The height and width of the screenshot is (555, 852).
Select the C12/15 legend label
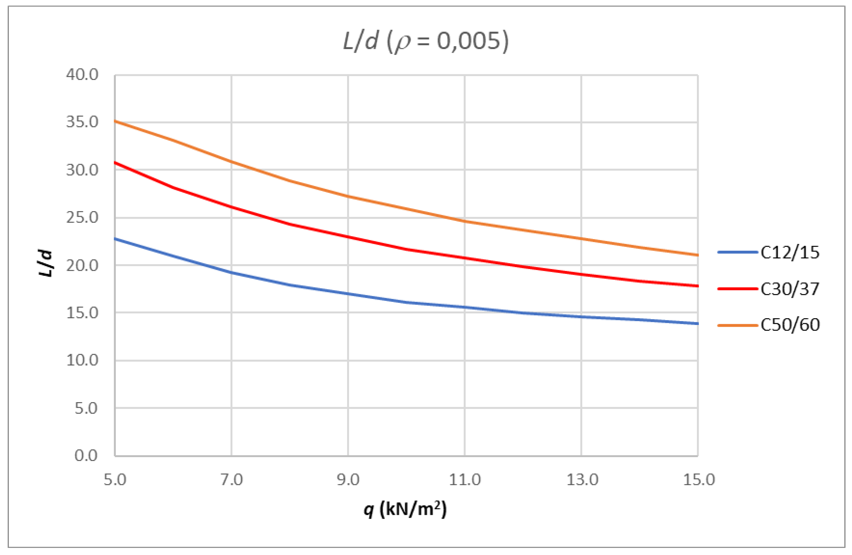[790, 253]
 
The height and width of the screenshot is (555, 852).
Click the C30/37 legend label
[790, 289]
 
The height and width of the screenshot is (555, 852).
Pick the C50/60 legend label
[790, 325]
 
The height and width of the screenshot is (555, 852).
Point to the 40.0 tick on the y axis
[82, 75]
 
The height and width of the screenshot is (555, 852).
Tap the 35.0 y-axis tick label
[82, 122]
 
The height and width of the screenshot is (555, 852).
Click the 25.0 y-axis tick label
[82, 218]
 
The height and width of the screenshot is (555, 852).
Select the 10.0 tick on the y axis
[82, 360]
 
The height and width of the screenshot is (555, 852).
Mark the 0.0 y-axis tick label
[86, 455]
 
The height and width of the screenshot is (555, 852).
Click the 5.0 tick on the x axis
[115, 479]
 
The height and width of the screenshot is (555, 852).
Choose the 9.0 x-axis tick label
[348, 479]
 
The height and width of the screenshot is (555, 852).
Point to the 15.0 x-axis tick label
[698, 479]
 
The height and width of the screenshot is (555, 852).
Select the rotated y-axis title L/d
[46, 264]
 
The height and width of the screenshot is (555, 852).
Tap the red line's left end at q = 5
[116, 163]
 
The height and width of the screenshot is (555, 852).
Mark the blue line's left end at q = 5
[116, 239]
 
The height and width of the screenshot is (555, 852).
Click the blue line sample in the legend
[737, 253]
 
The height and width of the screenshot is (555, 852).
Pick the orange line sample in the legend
[737, 325]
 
